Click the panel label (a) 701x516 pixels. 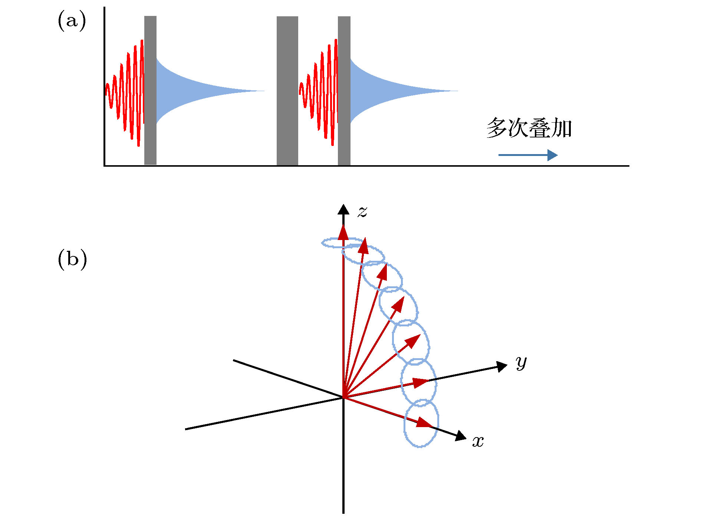(72, 21)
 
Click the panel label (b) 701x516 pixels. (72, 259)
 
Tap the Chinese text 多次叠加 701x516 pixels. (529, 128)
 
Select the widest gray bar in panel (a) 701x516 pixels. (287, 91)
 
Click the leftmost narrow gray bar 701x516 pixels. (150, 90)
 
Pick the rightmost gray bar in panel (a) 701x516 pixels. (344, 91)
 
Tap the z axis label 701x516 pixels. (362, 212)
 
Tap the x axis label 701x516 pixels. (478, 442)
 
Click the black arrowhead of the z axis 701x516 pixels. (343, 209)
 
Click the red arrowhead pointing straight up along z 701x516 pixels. (343, 233)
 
